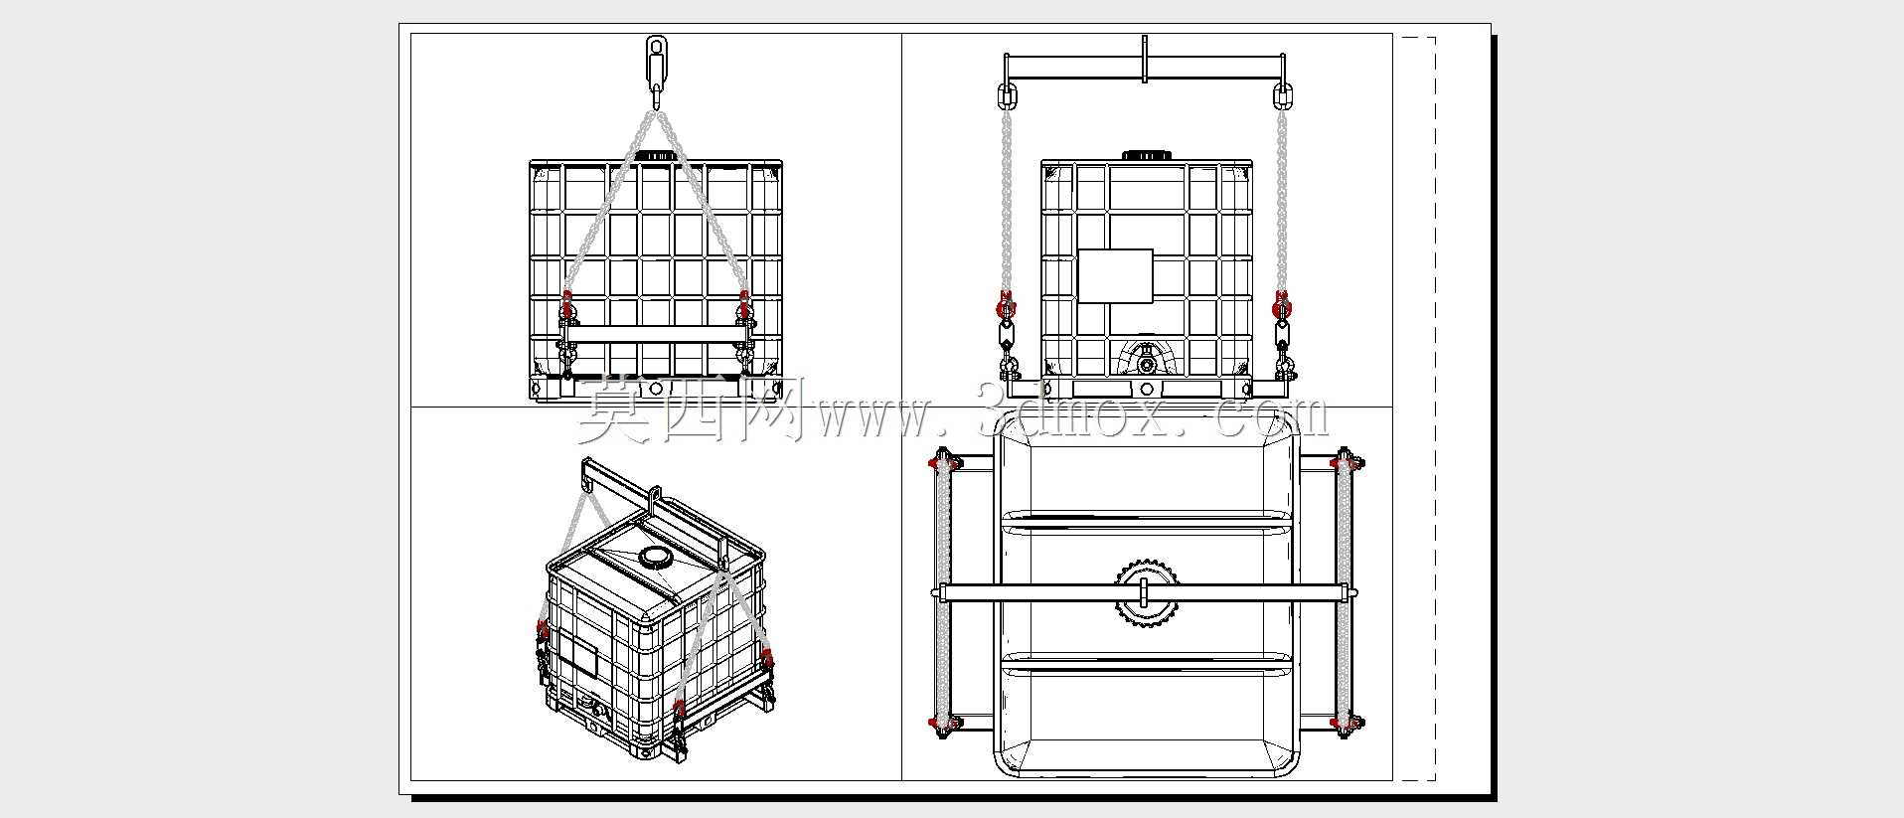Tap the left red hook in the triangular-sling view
pos(568,307)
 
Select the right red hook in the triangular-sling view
pos(743,307)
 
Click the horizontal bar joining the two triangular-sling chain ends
pos(655,334)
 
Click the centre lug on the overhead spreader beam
pos(1145,60)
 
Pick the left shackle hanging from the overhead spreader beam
pos(1006,96)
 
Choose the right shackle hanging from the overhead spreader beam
pos(1282,96)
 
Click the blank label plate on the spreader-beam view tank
pos(1115,275)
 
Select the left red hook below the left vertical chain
pos(1006,307)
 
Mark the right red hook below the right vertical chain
pos(1283,307)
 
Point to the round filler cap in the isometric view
pos(655,557)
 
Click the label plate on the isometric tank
pos(572,661)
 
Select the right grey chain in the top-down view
pos(1346,592)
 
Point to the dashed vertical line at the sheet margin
pos(1435,409)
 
